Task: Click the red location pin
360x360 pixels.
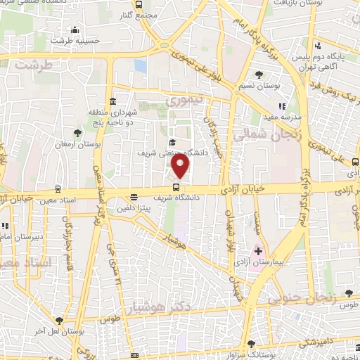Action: [181, 166]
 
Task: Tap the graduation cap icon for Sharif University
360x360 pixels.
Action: [172, 143]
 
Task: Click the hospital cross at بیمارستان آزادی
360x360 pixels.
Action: [258, 251]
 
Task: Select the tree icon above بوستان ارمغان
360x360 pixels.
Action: [77, 132]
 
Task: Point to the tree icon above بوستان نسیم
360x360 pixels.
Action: [259, 74]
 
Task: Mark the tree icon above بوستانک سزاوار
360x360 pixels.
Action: [252, 343]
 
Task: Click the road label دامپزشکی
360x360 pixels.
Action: [313, 340]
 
